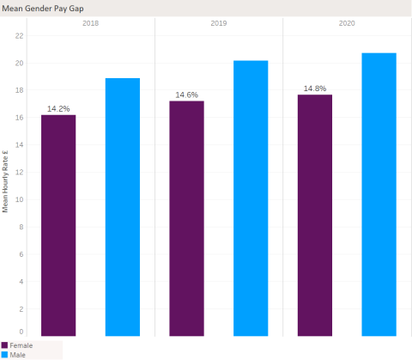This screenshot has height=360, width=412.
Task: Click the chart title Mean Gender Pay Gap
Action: [42, 8]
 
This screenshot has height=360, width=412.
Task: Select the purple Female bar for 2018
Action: [58, 225]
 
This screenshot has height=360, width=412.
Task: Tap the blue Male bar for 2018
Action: [123, 206]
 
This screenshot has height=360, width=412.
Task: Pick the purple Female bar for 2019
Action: [186, 218]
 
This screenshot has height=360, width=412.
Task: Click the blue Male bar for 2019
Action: [251, 198]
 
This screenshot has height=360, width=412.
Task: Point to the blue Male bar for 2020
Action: [379, 194]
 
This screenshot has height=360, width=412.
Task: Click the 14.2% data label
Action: [58, 109]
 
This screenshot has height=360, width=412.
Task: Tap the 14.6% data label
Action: [186, 95]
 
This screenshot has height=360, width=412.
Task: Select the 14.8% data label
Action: [315, 88]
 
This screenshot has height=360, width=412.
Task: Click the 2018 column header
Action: [90, 22]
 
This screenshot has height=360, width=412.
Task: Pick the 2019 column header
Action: [219, 22]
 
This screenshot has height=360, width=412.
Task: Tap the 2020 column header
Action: [347, 22]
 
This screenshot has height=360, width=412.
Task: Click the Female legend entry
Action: [21, 345]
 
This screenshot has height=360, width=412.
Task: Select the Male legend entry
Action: [17, 354]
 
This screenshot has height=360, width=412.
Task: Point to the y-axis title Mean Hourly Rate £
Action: [6, 180]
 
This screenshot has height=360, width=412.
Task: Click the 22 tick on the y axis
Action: [20, 36]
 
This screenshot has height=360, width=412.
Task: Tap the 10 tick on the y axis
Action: [20, 199]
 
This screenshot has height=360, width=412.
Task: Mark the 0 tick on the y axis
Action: [21, 332]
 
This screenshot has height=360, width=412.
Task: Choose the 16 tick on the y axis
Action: [20, 118]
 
